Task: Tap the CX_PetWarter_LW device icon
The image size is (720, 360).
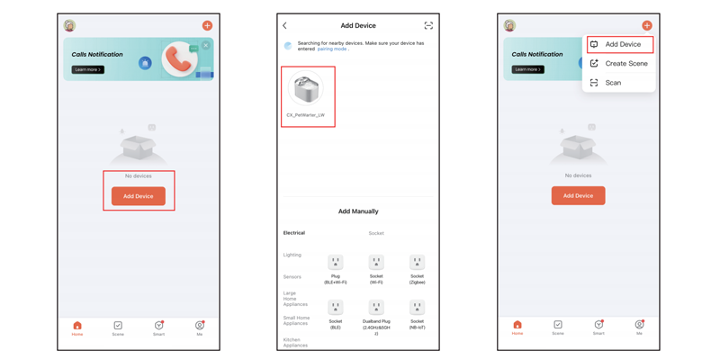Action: [307, 89]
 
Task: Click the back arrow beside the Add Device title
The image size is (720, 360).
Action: [285, 26]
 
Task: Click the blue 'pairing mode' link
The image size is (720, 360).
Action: [331, 49]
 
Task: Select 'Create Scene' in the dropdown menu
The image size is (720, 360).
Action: [625, 64]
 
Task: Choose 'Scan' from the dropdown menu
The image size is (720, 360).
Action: [612, 83]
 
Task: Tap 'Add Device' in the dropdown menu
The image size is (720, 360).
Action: [622, 44]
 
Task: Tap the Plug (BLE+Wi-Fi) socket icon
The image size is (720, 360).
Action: [336, 262]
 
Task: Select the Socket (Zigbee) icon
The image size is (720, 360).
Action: [417, 262]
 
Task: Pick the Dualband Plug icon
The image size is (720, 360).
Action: [376, 308]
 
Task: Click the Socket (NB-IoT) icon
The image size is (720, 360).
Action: [417, 308]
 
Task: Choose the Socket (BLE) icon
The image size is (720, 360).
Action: [336, 308]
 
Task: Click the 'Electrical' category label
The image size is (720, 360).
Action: [294, 233]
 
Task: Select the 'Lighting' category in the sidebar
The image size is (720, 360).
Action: [293, 255]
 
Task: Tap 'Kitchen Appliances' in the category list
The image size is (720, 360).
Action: [295, 342]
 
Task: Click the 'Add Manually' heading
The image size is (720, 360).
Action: [358, 211]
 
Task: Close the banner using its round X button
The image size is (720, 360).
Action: [205, 45]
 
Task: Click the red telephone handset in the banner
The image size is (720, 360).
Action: [177, 59]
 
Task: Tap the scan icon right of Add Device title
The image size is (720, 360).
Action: [428, 26]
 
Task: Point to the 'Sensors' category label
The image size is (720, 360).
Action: [292, 276]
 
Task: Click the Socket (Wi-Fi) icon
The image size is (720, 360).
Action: [376, 262]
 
